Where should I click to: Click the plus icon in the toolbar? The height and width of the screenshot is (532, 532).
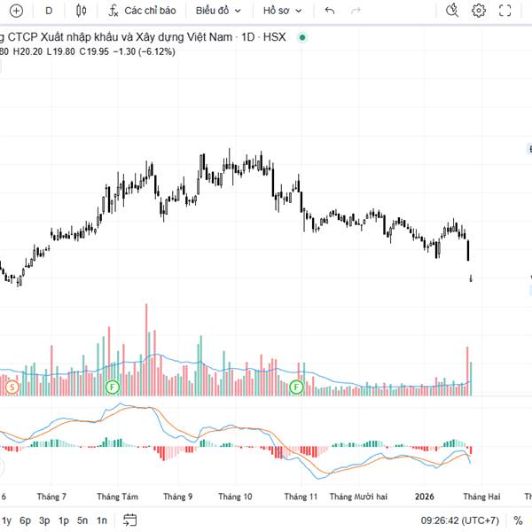(x=16, y=11)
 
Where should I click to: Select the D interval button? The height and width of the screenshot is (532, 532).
(x=49, y=11)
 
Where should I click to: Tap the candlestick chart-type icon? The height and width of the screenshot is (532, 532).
(x=82, y=11)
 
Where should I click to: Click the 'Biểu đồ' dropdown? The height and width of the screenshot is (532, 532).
(x=217, y=11)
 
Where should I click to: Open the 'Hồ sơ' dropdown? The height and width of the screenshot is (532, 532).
(x=283, y=11)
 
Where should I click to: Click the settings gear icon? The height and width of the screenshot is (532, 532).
(x=479, y=11)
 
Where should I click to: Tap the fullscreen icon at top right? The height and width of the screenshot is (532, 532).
(x=505, y=11)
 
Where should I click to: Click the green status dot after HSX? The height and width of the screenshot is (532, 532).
(x=302, y=38)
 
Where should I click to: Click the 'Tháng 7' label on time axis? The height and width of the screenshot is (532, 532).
(x=51, y=497)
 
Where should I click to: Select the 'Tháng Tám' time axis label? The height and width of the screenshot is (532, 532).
(x=118, y=497)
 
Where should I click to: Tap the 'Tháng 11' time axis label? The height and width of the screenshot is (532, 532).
(x=301, y=497)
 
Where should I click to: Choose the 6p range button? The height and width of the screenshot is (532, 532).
(x=26, y=520)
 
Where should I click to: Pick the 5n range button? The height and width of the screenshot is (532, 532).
(x=82, y=520)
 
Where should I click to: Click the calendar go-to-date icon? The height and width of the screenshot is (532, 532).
(x=130, y=520)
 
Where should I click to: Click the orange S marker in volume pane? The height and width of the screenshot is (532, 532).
(x=12, y=387)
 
